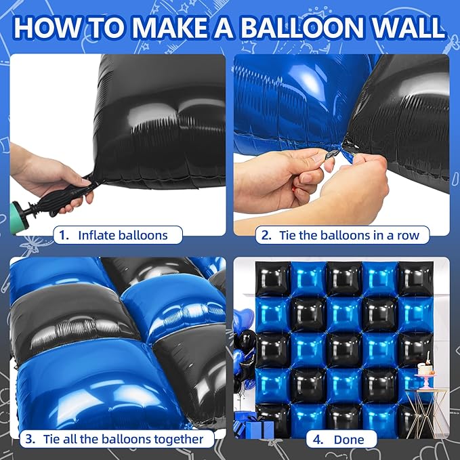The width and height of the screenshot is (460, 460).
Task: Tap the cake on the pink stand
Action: (426, 369)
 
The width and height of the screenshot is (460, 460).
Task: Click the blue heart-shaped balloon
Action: (243, 318)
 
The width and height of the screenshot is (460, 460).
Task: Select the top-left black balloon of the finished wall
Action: (272, 278)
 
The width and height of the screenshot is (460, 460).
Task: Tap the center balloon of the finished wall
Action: (343, 348)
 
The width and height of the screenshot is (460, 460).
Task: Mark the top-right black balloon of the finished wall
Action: (414, 278)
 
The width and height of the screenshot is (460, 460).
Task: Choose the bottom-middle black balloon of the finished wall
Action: (343, 419)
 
